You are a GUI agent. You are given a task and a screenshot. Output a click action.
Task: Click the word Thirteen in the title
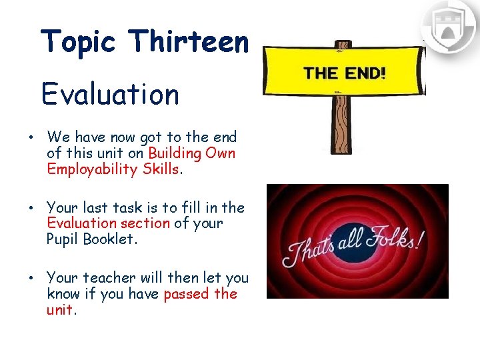coord(189,42)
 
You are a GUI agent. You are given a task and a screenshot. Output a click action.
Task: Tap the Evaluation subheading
coord(110,94)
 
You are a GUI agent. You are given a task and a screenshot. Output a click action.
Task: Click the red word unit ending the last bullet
coord(61,310)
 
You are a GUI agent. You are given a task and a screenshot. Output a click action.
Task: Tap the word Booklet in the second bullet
coord(110,239)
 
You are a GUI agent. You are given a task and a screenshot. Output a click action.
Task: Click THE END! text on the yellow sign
coord(345,73)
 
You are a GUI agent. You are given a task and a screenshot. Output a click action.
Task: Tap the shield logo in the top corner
coord(449,27)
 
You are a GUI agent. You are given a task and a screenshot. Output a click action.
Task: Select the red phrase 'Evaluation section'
coord(109,223)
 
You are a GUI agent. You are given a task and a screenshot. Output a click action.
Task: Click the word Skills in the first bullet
coord(160,169)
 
